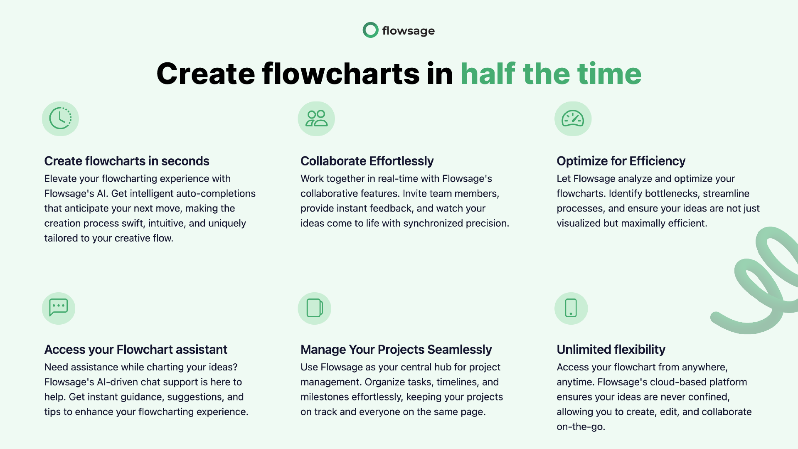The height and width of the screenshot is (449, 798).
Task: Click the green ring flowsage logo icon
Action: [370, 24]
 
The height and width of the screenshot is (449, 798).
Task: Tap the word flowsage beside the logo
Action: [409, 31]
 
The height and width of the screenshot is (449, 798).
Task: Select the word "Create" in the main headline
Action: [205, 74]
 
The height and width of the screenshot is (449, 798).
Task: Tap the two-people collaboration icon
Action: [317, 118]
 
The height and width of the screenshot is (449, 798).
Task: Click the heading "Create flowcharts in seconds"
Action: [127, 161]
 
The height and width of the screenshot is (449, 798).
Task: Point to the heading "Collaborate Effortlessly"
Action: [367, 161]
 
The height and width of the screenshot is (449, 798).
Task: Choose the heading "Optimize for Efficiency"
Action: [621, 161]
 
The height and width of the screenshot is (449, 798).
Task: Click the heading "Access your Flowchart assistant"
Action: [136, 350]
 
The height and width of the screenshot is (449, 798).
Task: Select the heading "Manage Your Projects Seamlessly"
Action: [396, 350]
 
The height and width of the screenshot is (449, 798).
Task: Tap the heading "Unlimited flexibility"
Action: [611, 350]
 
